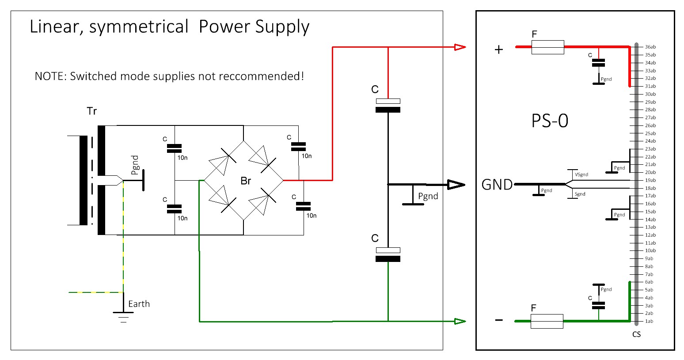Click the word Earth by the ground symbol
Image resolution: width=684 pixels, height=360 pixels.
(x=139, y=304)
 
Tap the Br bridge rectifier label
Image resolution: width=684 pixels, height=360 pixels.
(x=246, y=181)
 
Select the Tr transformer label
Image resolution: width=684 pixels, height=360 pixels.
(x=91, y=111)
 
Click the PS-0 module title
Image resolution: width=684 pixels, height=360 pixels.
(x=550, y=121)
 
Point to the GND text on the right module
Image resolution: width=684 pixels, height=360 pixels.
(x=497, y=184)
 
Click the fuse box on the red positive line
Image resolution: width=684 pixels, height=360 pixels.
(x=547, y=47)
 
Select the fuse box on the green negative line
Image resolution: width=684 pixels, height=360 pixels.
(x=547, y=321)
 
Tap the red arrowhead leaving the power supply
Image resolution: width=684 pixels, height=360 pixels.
(x=460, y=47)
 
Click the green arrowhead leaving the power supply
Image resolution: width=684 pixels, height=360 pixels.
(x=460, y=321)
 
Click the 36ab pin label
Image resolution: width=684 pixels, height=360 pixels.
(x=650, y=47)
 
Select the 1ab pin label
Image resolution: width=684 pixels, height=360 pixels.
(x=649, y=321)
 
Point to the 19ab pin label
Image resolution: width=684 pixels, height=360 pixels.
(x=650, y=180)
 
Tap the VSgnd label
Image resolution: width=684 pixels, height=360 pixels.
(x=581, y=174)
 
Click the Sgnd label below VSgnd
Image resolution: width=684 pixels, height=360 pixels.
(x=580, y=194)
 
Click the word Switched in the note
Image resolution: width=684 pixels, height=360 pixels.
(x=91, y=76)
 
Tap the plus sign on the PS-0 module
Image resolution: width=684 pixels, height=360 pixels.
(x=499, y=49)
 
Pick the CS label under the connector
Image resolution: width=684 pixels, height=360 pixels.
(x=636, y=334)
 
